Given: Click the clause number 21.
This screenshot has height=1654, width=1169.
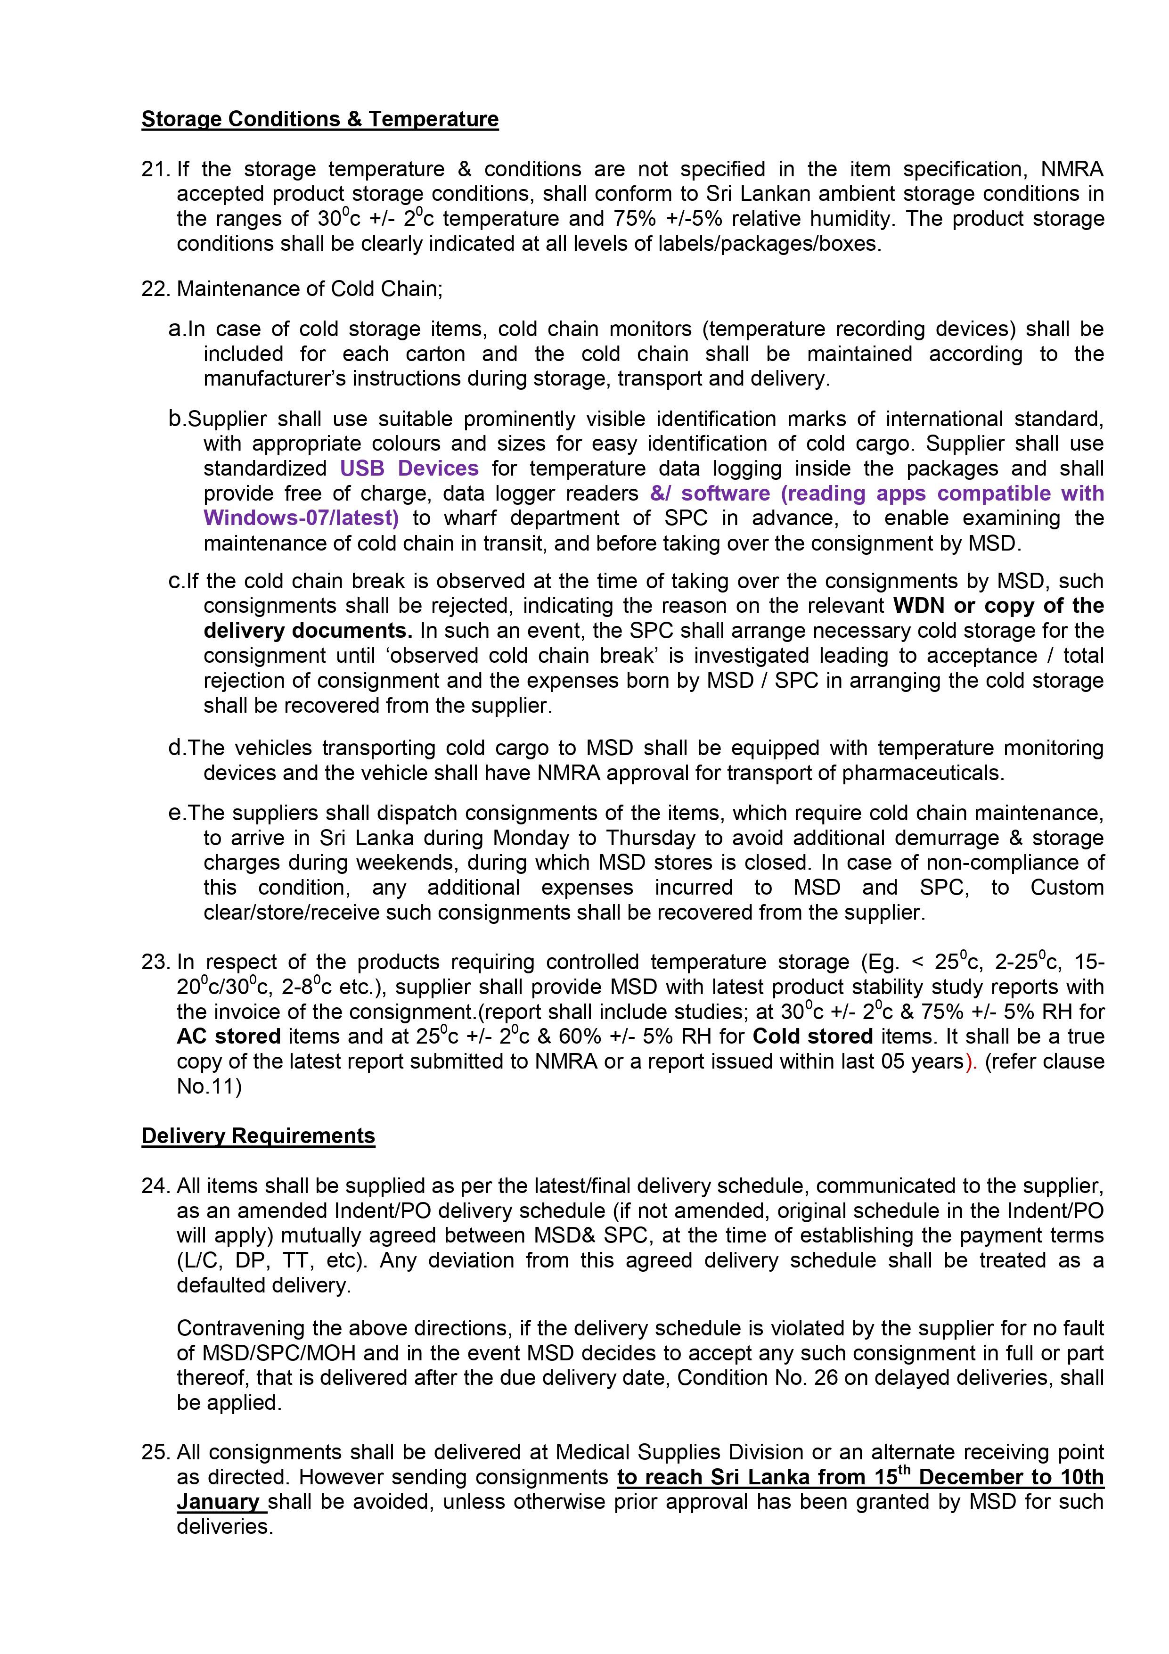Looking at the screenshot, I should pos(155,169).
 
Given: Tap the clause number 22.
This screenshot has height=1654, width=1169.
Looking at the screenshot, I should pos(155,289).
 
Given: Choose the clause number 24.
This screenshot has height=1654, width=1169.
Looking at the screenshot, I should pos(155,1186).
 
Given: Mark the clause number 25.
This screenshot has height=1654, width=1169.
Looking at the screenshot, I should pos(155,1452).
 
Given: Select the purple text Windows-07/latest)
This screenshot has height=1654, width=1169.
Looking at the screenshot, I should pos(301,518).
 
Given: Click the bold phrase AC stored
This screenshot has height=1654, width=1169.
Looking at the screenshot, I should pos(229,1037).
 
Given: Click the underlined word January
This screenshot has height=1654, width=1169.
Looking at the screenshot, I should pos(218,1502).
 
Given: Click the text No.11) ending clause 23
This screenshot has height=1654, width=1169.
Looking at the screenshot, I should pos(209,1086).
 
